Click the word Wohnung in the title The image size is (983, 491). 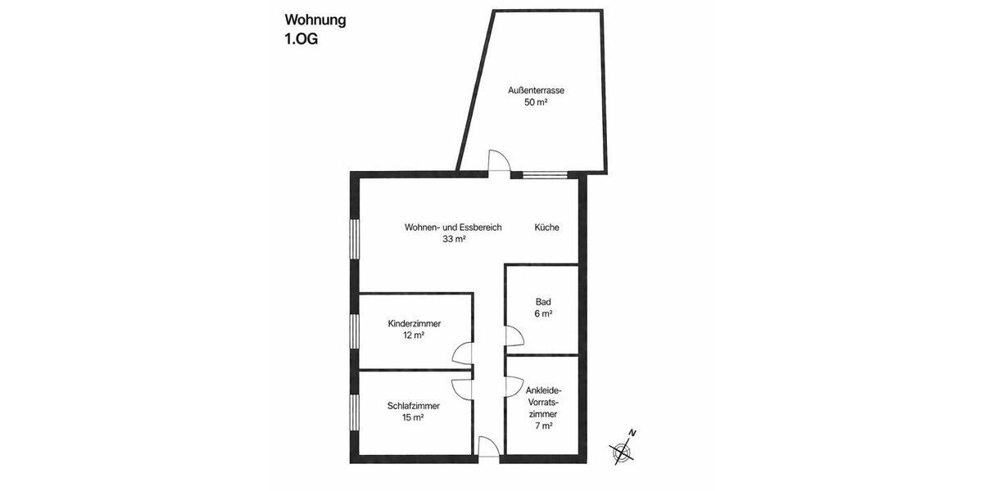point(315,20)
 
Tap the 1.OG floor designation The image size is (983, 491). point(301,39)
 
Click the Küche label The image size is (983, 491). point(546,227)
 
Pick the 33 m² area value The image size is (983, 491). point(453,240)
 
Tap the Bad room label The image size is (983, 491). point(543,301)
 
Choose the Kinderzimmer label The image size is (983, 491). point(414,323)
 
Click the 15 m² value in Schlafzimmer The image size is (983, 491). point(413,417)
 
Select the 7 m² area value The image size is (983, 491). point(542,426)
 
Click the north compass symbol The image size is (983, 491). point(623,448)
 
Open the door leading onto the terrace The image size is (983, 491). point(498,162)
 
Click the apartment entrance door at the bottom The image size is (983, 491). point(488,448)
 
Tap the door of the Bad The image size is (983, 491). point(514,336)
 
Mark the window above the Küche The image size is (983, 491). point(544,174)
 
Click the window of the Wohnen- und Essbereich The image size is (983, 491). point(354,239)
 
